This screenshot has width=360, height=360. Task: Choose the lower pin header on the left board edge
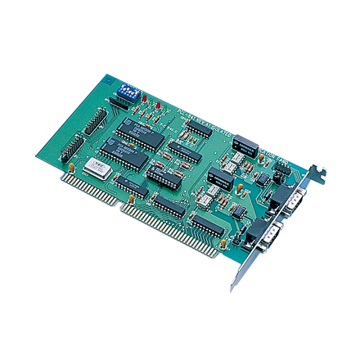tap(70, 148)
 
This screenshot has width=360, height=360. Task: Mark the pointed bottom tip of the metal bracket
tap(233, 290)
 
